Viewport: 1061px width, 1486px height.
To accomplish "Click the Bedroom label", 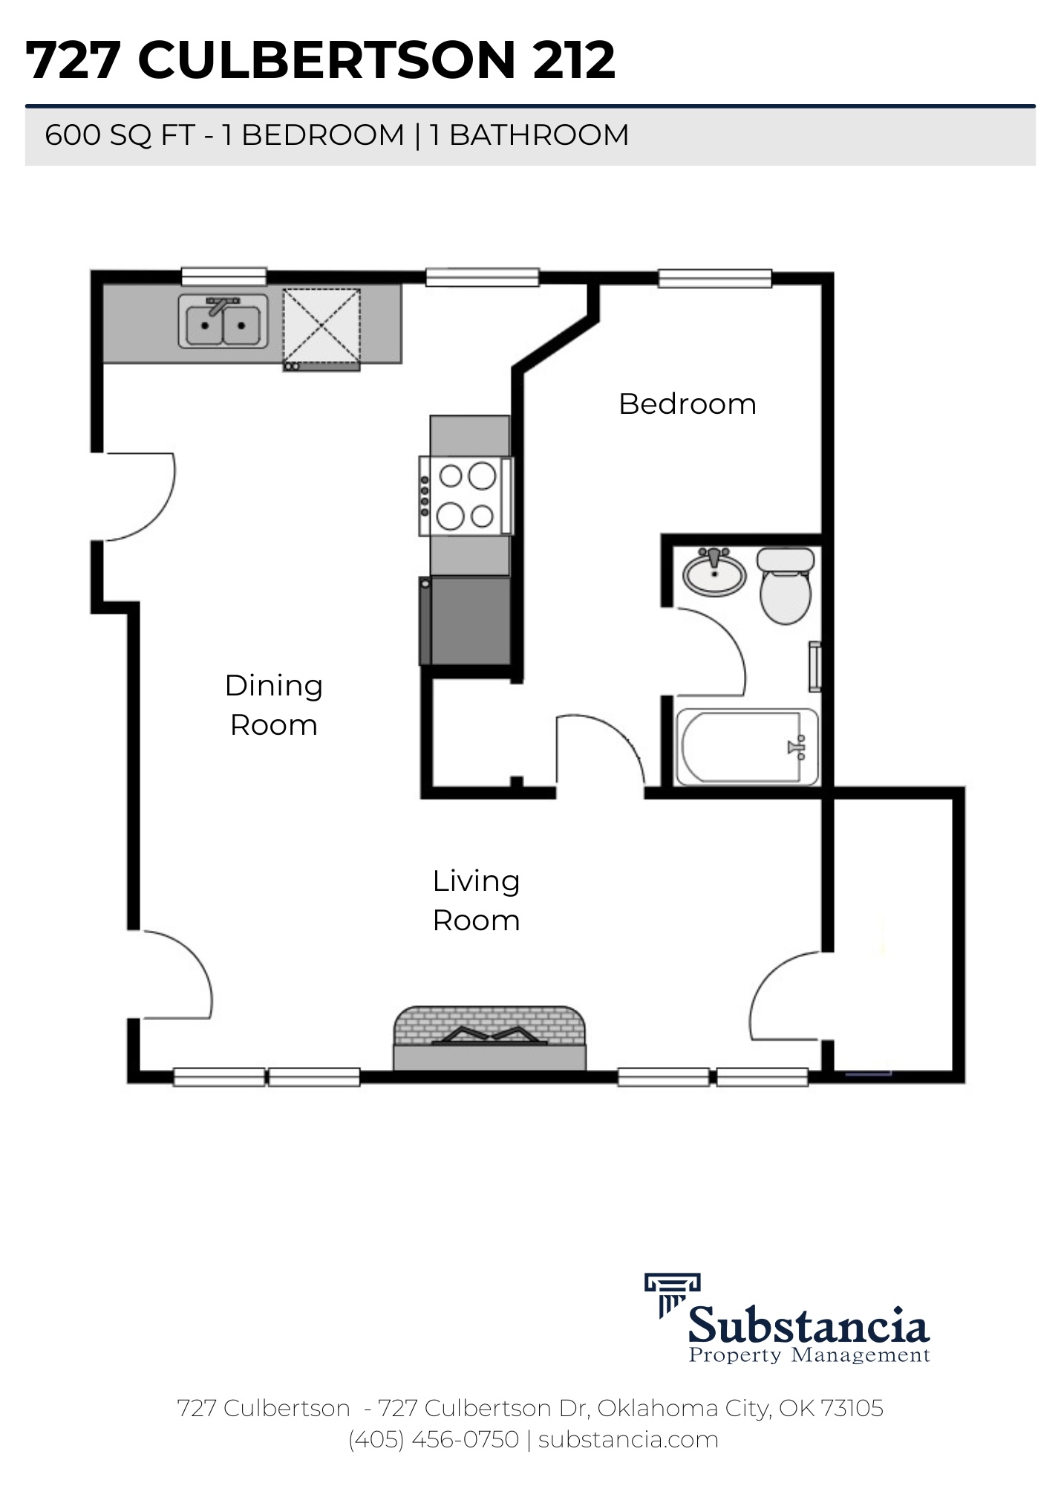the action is [x=687, y=404].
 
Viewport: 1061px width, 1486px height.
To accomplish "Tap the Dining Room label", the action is [x=274, y=705].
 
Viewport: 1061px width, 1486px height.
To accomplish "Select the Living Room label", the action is [x=476, y=901].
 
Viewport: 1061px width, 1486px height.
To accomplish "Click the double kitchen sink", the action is [x=223, y=322].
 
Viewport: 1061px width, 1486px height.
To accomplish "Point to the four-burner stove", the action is [x=466, y=496].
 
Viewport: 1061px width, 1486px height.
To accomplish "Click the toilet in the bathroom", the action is [x=786, y=585].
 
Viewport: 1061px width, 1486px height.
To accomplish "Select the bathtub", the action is [x=748, y=746].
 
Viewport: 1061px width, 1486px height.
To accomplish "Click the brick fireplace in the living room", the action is [x=489, y=1038].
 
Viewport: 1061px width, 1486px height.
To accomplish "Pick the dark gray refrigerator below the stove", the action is [x=466, y=620].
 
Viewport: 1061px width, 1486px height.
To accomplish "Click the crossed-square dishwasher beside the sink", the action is [x=321, y=329].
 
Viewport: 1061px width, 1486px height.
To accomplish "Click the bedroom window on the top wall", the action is [x=715, y=278].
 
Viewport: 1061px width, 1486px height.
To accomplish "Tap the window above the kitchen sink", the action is [x=224, y=276].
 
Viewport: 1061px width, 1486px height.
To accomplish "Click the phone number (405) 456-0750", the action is [x=434, y=1439].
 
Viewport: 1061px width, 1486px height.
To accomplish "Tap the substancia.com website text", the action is [x=628, y=1439].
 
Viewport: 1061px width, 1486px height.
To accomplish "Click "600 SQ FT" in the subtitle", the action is [x=120, y=135].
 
